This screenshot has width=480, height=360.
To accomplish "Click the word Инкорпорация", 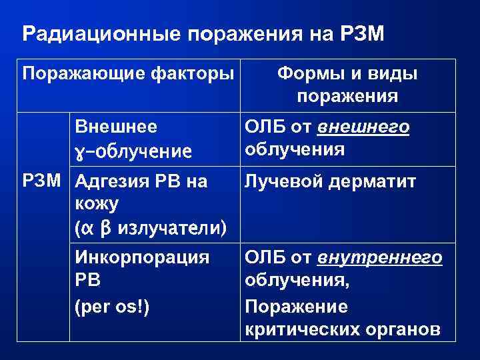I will click(x=143, y=257).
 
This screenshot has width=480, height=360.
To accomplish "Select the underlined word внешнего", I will click(x=363, y=127).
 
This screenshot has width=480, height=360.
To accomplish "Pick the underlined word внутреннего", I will click(x=380, y=257).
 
